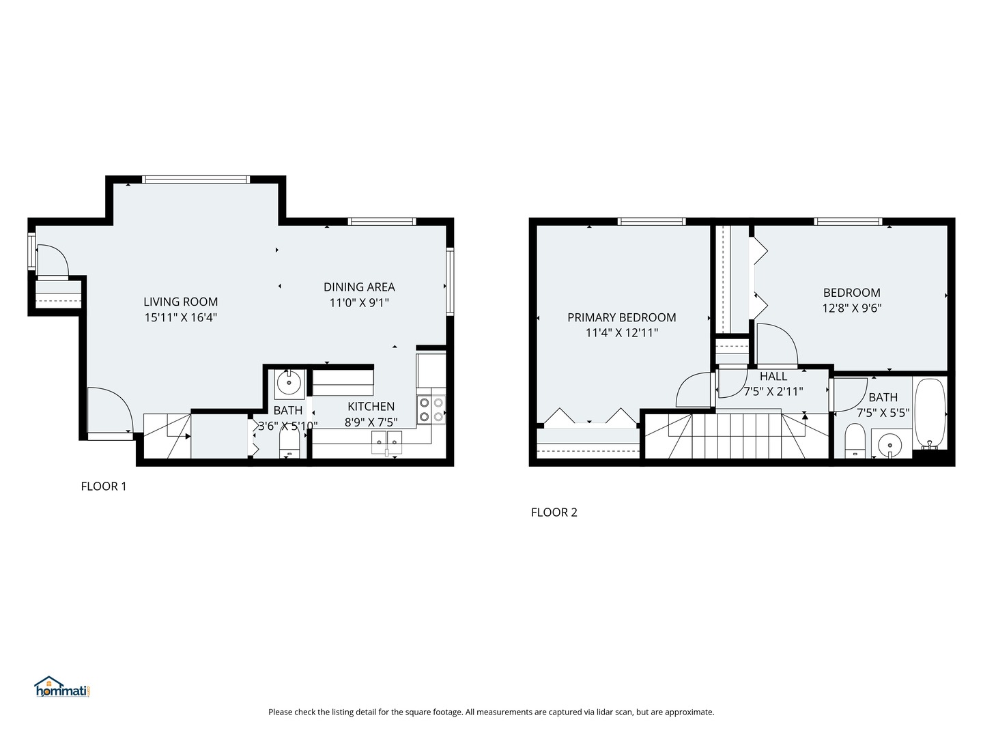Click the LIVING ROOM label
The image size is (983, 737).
point(180,302)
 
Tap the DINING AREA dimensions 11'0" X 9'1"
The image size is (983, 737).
point(359,302)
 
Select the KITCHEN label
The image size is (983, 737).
point(371,407)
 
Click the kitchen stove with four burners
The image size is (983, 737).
point(431,409)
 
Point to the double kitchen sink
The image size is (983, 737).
point(386,442)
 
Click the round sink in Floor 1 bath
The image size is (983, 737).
point(289,384)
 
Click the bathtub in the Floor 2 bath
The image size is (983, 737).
point(929,414)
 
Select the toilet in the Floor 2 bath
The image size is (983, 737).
point(855,442)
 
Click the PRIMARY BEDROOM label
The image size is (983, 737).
point(621,317)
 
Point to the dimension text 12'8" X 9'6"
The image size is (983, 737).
point(851,308)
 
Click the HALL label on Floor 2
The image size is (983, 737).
point(773,376)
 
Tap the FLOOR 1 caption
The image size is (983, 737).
point(104,487)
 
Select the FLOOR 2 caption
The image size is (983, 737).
point(554,512)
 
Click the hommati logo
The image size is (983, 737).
point(62,687)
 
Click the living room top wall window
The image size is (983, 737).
point(196,179)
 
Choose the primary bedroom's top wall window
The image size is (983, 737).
point(651,221)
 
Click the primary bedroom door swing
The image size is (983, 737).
point(694,390)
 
